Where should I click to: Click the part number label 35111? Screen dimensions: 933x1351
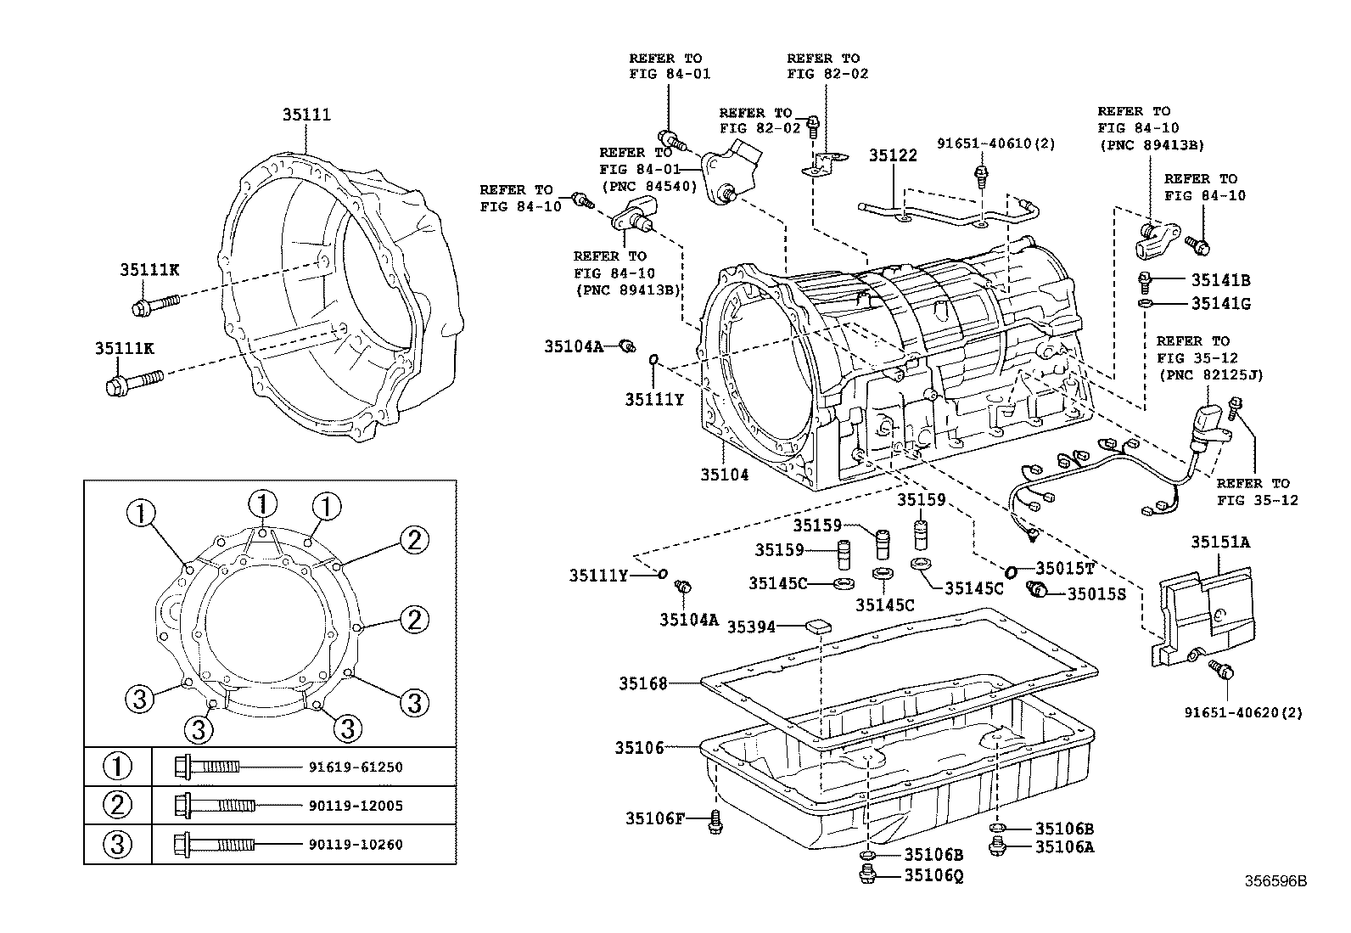point(306,115)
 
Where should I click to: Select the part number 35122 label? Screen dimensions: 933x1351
point(893,155)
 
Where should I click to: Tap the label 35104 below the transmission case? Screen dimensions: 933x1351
point(725,475)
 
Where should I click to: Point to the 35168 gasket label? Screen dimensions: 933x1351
point(642,683)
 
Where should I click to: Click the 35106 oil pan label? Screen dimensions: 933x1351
point(640,748)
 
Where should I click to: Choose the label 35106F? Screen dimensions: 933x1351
point(654,818)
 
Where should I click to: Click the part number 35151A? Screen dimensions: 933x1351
point(1219,542)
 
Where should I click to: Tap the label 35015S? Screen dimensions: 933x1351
point(1096,594)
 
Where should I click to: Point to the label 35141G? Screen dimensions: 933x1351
point(1220,304)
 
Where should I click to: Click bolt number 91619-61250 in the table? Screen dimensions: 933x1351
point(355,767)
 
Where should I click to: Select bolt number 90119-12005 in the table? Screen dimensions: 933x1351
point(355,806)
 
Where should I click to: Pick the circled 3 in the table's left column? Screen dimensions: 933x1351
point(117,845)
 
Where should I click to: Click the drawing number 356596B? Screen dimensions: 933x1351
point(1275,881)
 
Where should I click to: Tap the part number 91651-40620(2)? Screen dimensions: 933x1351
point(1243,713)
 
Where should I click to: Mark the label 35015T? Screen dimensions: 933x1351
point(1066,569)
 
